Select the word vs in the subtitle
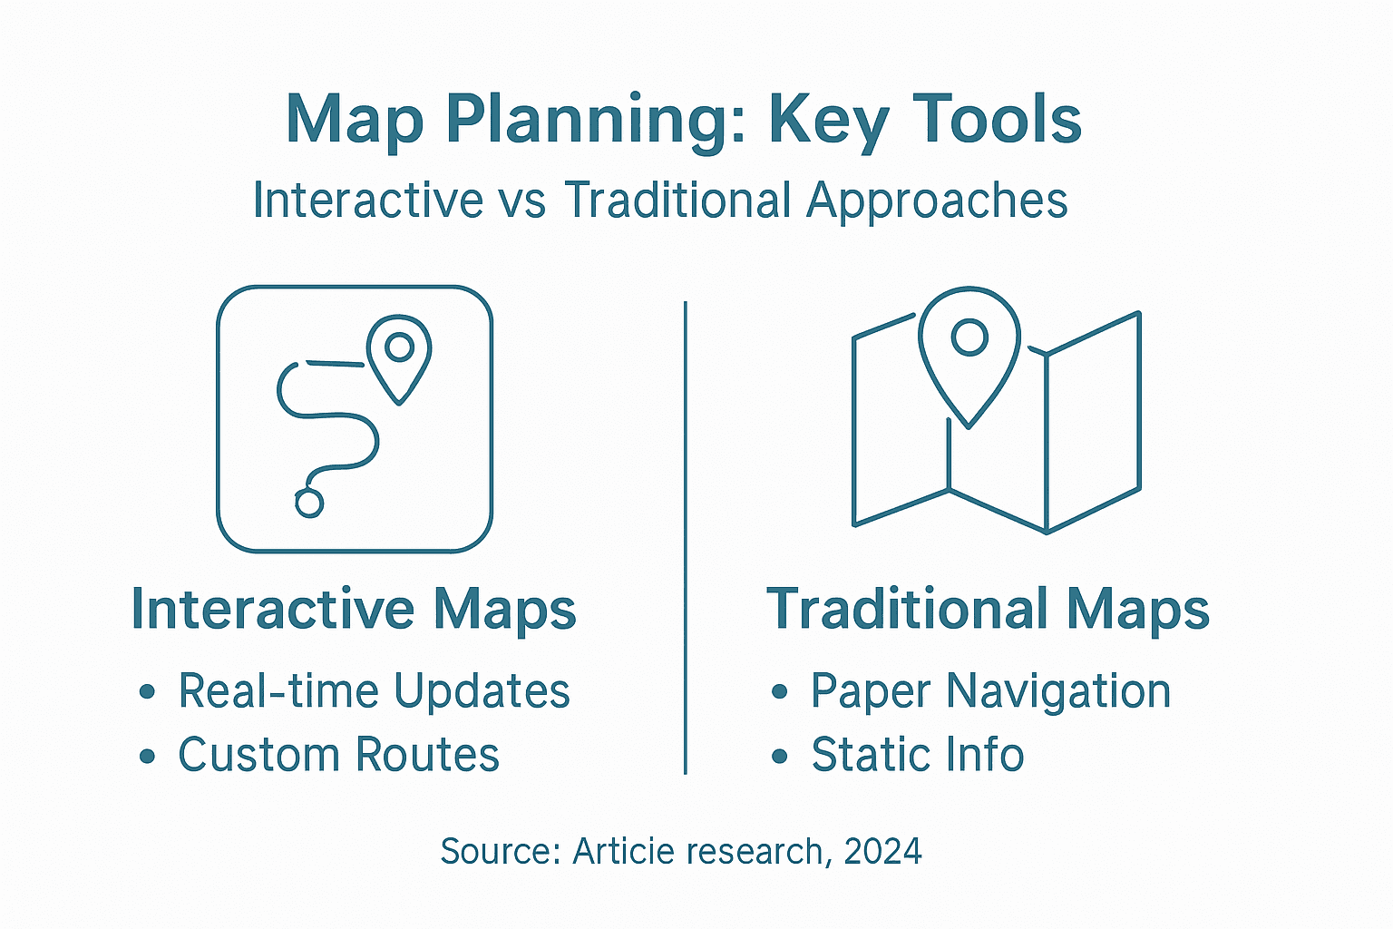point(523,200)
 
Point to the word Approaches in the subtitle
point(937,201)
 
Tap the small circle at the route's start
point(309,503)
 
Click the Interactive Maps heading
point(354,609)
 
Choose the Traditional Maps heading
point(988,609)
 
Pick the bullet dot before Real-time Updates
point(147,693)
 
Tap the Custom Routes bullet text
point(338,755)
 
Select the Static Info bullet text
point(917,755)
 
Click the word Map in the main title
point(355,121)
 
